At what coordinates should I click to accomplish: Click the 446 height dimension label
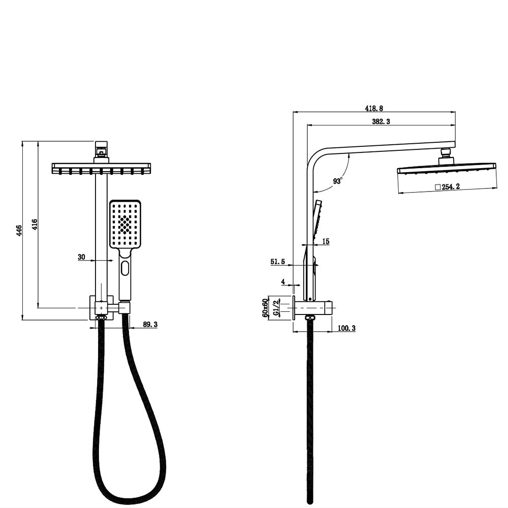19,230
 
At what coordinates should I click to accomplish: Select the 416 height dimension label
35,225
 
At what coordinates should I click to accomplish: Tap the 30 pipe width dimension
81,257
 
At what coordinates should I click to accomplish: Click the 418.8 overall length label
374,108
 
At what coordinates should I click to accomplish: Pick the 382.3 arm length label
381,121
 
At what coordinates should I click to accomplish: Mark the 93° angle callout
338,180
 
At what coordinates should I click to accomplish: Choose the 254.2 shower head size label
448,187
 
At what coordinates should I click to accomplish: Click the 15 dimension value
326,241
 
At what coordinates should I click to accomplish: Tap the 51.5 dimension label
278,262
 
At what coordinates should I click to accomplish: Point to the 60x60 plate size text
265,308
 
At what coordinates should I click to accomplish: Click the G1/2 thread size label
276,308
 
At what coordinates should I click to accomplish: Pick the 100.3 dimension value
346,329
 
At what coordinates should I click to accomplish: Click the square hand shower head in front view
125,224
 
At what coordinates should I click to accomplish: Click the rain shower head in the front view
101,168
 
